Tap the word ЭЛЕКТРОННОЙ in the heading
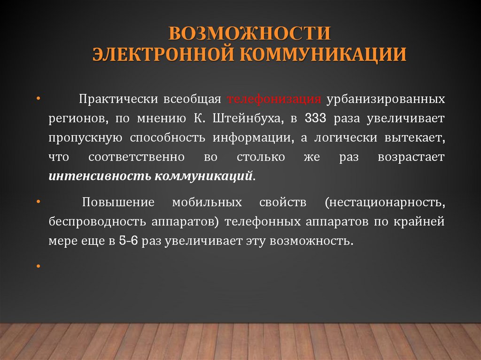click(x=162, y=54)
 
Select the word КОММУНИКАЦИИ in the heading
click(x=324, y=54)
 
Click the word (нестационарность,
click(x=384, y=203)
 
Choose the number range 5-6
click(x=128, y=241)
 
